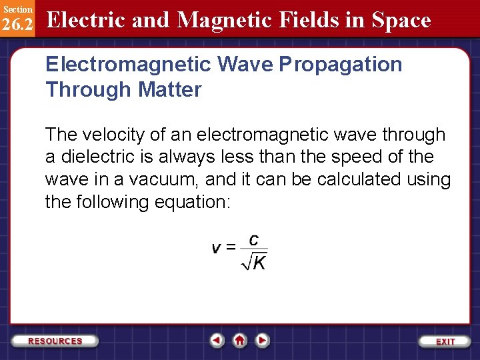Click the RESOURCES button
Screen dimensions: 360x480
click(x=55, y=341)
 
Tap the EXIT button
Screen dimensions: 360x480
click(x=445, y=341)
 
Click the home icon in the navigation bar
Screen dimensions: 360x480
click(x=240, y=340)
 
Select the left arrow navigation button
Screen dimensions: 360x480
click(x=217, y=340)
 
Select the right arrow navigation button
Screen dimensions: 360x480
click(x=263, y=340)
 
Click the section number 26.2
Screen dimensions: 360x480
click(x=17, y=25)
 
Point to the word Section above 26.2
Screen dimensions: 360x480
click(x=17, y=9)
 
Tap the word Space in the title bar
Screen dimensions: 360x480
click(x=401, y=20)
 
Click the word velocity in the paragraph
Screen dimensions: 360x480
click(x=112, y=135)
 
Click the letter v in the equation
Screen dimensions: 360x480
click(x=217, y=248)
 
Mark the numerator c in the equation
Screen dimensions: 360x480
click(x=254, y=239)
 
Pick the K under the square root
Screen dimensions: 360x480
click(x=259, y=263)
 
